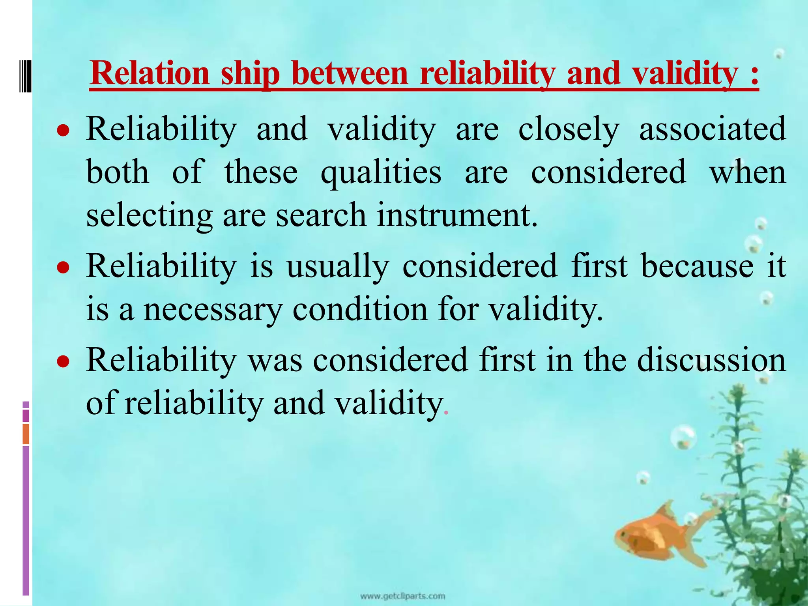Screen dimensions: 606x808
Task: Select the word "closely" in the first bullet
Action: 569,129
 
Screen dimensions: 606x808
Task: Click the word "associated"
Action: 712,129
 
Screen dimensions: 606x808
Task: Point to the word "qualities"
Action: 381,173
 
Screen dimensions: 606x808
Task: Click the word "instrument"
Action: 456,215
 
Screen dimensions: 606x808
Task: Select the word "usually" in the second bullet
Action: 337,267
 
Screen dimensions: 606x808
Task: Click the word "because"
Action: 697,266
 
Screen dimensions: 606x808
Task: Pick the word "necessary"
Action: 213,310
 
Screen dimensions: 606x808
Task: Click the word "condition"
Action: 360,309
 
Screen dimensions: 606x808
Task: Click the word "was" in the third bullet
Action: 275,361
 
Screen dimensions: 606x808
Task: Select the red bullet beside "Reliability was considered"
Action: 63,361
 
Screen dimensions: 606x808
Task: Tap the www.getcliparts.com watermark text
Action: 402,596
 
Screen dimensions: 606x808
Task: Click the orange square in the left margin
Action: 26,434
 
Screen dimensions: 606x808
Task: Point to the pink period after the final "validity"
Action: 446,413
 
